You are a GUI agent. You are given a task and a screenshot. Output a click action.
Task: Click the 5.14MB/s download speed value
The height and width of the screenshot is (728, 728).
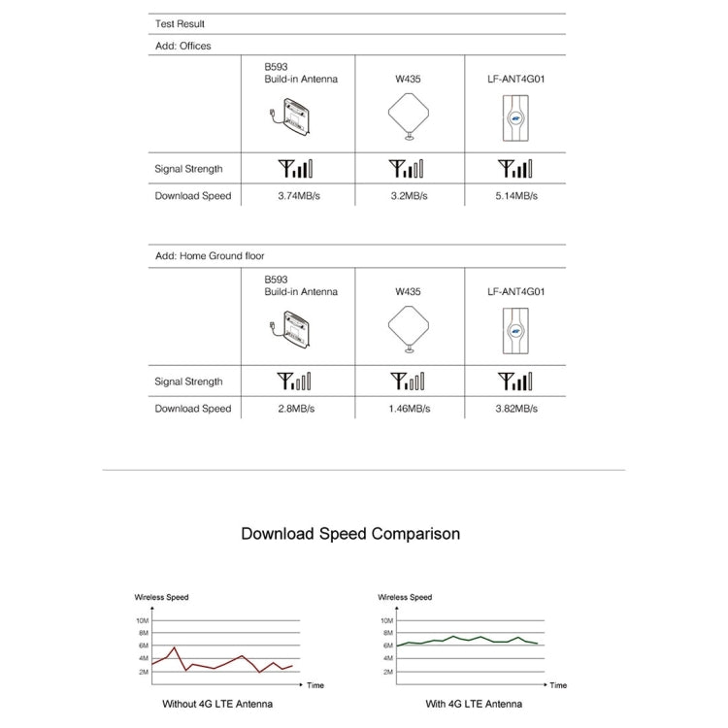pos(515,196)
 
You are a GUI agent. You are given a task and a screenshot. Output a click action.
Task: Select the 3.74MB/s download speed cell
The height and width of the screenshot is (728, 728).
pos(297,196)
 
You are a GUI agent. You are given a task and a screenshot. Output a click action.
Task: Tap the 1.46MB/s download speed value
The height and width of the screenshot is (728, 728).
pos(408,409)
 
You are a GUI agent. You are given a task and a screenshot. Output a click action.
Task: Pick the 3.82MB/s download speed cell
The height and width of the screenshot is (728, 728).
pos(515,409)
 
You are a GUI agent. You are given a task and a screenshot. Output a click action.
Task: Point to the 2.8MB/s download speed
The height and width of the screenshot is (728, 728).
pos(297,409)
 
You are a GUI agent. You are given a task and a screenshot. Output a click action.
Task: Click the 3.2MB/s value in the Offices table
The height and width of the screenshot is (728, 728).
pos(408,196)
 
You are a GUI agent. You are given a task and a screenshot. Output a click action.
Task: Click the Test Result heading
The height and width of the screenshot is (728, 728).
pos(180,23)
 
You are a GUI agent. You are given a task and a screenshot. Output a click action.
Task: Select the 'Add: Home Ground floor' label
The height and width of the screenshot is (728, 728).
pos(210,256)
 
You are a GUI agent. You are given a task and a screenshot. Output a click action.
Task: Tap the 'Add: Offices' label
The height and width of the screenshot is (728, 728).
pos(182,46)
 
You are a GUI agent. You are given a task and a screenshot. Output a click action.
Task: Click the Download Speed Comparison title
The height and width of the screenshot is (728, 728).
pos(350,534)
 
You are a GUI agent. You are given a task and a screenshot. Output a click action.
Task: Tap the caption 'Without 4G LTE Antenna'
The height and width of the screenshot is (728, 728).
pos(217,704)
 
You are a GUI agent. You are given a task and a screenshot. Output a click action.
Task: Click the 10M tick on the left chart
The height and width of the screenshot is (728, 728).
pos(142,620)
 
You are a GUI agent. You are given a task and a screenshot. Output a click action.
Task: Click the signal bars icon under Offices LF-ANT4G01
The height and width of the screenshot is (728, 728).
pos(515,169)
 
